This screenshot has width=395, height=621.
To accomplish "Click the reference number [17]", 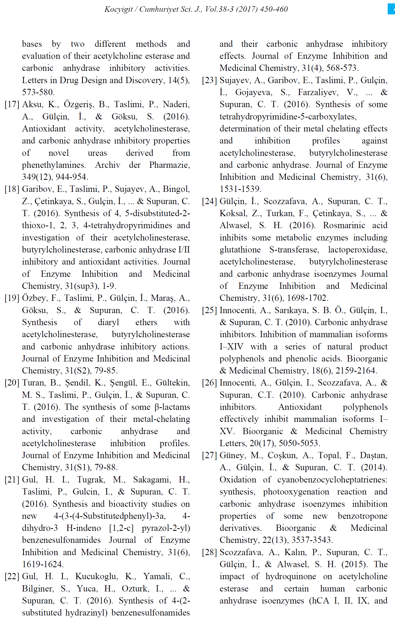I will click(x=12, y=105).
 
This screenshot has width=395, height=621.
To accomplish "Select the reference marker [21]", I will click(x=12, y=480).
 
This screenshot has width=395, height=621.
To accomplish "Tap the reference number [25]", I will click(x=209, y=310).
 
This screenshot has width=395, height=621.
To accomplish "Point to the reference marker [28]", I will click(x=209, y=552).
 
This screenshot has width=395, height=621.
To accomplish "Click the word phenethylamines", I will click(x=54, y=165).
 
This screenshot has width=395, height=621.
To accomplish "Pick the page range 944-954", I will click(x=72, y=177).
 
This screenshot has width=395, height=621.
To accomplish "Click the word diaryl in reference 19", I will click(x=108, y=323).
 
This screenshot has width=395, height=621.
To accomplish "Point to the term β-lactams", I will click(x=172, y=407).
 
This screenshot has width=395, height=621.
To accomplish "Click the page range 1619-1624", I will click(x=42, y=564).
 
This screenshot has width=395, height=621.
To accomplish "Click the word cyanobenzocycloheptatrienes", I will click(x=332, y=480).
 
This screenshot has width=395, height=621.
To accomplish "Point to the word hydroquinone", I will click(x=291, y=576).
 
